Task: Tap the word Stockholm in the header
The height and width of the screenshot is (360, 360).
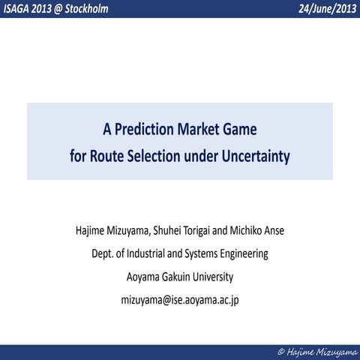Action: coord(93,8)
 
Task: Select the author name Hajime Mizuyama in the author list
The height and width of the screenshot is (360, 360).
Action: coord(113,230)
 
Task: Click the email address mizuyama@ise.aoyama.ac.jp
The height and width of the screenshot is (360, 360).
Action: coord(180,300)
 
